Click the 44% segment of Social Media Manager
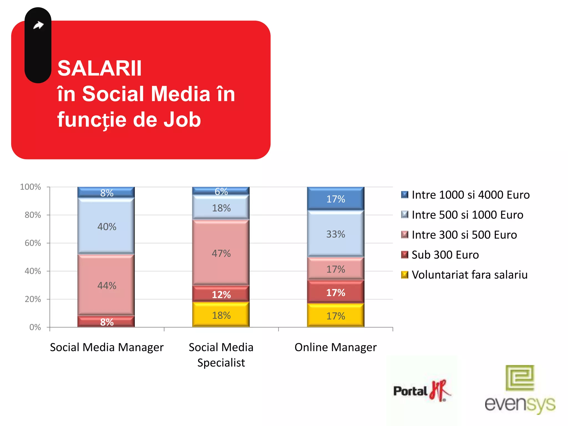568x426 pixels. [x=106, y=285]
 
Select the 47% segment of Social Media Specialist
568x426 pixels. [x=221, y=253]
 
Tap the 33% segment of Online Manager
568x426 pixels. [x=336, y=234]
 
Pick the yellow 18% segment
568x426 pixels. [x=221, y=315]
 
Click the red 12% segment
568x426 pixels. [x=221, y=294]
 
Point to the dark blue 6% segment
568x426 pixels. [x=221, y=191]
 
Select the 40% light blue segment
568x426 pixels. [x=106, y=226]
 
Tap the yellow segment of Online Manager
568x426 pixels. [x=336, y=316]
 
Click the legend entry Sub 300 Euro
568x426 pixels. [x=445, y=255]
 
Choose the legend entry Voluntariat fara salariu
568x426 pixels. [x=469, y=275]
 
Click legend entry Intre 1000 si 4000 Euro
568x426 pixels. [x=470, y=195]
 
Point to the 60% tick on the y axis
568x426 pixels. [x=33, y=243]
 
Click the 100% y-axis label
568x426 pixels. [x=31, y=187]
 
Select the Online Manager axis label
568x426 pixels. [x=336, y=347]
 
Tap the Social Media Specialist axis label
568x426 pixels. [x=221, y=355]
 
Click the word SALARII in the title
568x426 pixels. [x=99, y=68]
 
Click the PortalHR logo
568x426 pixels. [x=422, y=391]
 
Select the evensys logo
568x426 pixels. [x=520, y=390]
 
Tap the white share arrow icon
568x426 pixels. [x=38, y=26]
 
